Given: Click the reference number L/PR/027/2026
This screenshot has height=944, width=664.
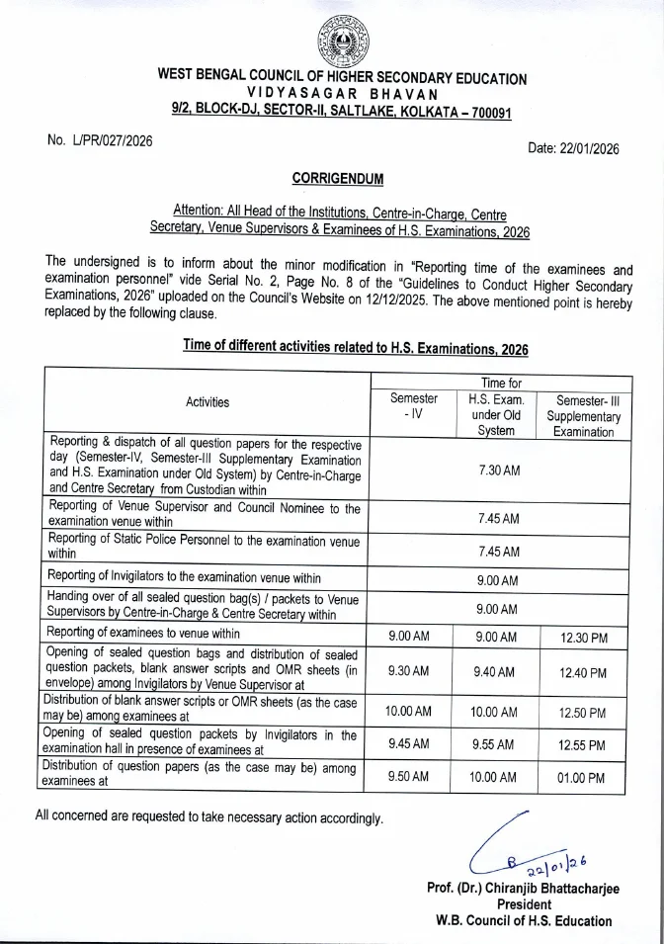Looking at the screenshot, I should pyautogui.click(x=100, y=140).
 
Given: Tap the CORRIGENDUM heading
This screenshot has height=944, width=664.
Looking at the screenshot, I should pyautogui.click(x=338, y=178).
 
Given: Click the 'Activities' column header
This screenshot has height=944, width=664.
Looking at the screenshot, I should pyautogui.click(x=207, y=402).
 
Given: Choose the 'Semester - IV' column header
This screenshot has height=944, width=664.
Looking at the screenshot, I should pyautogui.click(x=413, y=406).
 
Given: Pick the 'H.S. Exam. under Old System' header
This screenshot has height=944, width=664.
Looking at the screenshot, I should pyautogui.click(x=496, y=414).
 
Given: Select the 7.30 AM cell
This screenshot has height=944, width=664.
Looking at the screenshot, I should pyautogui.click(x=498, y=471).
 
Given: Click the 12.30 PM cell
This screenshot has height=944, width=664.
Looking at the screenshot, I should pyautogui.click(x=582, y=638).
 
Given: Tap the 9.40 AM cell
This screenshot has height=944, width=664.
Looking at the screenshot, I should pyautogui.click(x=496, y=672).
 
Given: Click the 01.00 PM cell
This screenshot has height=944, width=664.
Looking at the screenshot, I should pyautogui.click(x=582, y=778).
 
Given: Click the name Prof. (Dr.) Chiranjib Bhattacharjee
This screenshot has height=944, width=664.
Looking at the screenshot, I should pyautogui.click(x=523, y=888).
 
